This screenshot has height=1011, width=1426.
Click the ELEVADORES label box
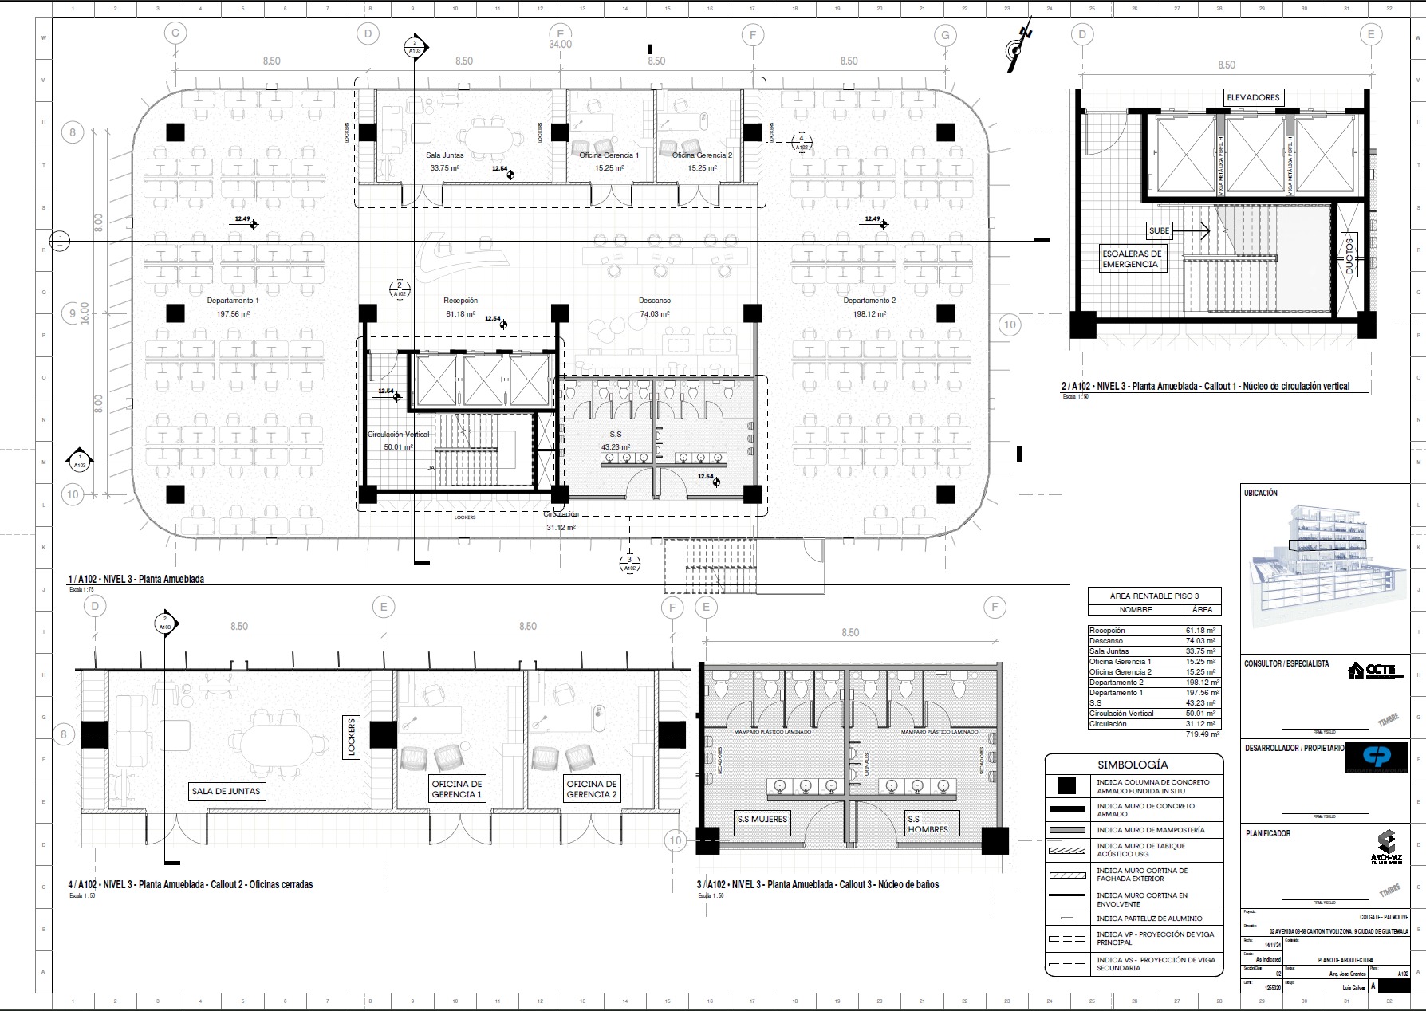tap(1253, 97)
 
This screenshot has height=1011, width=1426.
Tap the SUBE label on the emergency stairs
tap(1159, 230)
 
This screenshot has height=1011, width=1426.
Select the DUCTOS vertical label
tap(1349, 255)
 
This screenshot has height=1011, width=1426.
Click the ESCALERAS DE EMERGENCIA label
tap(1131, 258)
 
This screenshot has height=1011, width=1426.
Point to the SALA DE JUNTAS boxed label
tap(226, 791)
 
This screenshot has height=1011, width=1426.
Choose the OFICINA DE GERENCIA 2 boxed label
tap(591, 789)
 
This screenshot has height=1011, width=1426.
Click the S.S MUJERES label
tap(762, 819)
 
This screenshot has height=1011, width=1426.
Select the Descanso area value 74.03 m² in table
tap(1200, 641)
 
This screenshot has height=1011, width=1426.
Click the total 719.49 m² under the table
tap(1202, 734)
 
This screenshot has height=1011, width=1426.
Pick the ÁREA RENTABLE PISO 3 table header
tap(1153, 596)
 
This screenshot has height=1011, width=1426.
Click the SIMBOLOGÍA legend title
tap(1133, 765)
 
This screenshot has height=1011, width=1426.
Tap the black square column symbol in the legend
tap(1066, 786)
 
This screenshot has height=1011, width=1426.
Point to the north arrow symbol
tap(1018, 49)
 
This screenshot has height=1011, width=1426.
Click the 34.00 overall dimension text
tap(560, 45)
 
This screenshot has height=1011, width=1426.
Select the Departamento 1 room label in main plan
tap(233, 301)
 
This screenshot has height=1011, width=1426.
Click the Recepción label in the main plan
tap(460, 301)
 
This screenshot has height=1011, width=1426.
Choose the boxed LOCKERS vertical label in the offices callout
tap(351, 737)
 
